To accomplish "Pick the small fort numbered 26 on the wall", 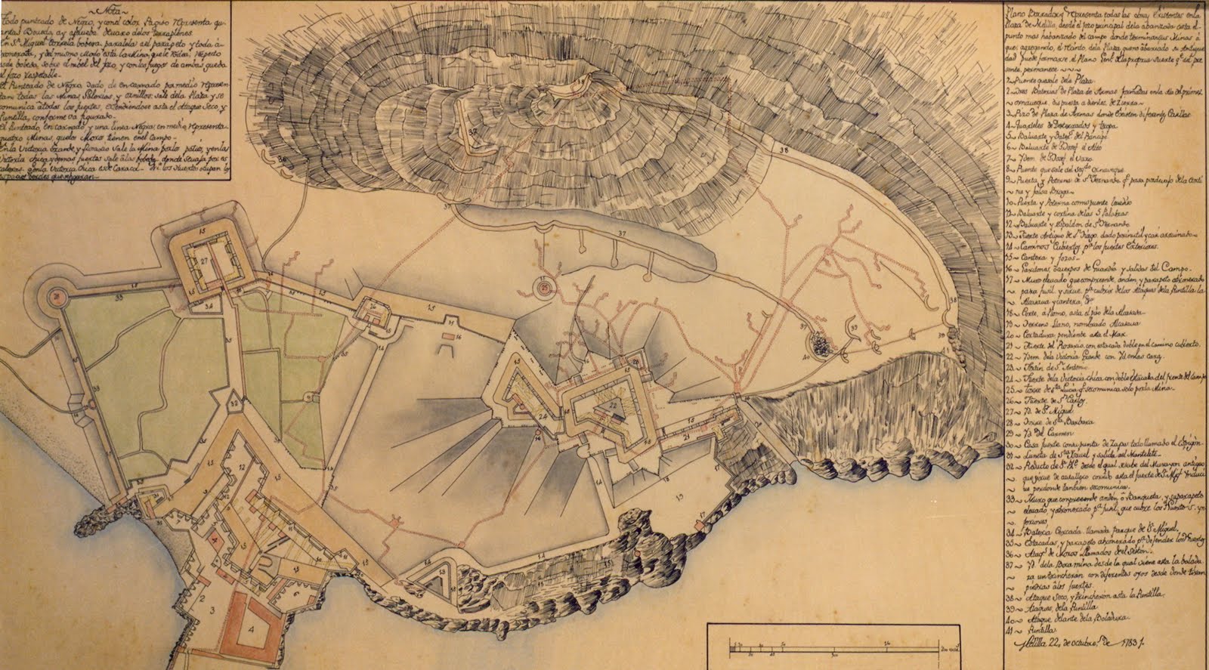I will (x=373, y=310).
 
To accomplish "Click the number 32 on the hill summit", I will (x=473, y=131).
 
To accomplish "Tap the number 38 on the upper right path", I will (x=782, y=151).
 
